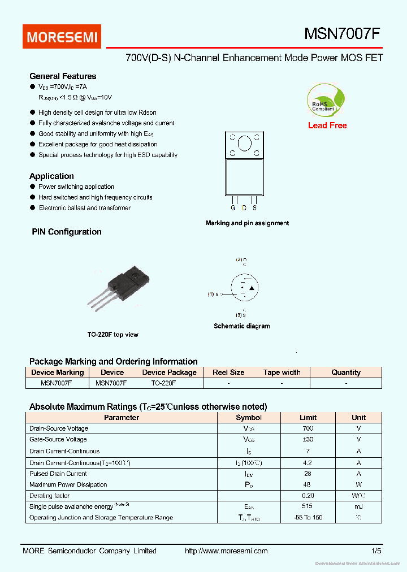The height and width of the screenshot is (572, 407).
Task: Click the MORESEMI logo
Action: coord(62,37)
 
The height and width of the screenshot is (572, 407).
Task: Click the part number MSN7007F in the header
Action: coord(342,34)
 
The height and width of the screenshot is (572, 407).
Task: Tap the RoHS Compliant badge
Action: coord(323,100)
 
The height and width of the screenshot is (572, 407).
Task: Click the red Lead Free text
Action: coord(327,125)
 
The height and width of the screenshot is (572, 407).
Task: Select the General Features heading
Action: coord(63,76)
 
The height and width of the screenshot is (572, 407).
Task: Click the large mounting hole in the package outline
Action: coord(244,144)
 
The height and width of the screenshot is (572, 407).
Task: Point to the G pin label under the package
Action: coord(233,207)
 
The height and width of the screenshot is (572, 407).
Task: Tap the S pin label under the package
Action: coord(254,207)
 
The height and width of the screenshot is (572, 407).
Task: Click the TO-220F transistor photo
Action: coord(121,288)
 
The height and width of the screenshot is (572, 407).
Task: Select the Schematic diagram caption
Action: coord(241,326)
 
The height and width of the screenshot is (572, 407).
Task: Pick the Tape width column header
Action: coord(282,372)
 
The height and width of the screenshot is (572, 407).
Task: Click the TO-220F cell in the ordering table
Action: coord(163,383)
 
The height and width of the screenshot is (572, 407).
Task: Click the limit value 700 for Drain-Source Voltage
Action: coord(308,428)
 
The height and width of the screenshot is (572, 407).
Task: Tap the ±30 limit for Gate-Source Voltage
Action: coord(308,439)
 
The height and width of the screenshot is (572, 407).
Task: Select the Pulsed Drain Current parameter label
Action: coord(58,474)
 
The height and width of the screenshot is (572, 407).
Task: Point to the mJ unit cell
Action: coord(358,506)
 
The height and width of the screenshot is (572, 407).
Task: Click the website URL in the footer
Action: coord(226,551)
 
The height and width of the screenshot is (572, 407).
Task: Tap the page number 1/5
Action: coord(376,551)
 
